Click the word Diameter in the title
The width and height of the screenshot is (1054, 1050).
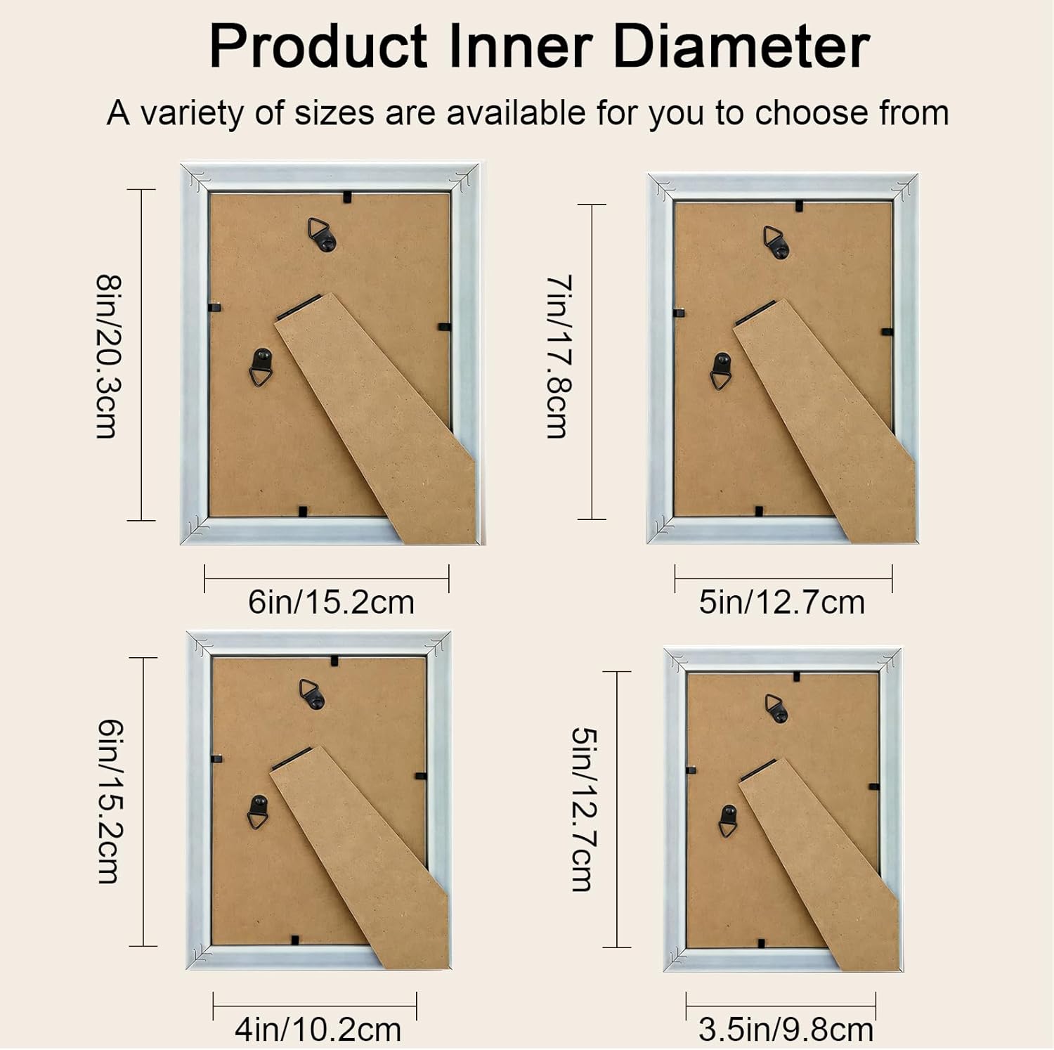click(x=741, y=46)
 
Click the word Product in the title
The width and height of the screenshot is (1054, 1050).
click(x=318, y=46)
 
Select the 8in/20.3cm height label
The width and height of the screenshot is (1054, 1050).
click(x=108, y=356)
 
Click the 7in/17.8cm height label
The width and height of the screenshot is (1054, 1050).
click(x=559, y=356)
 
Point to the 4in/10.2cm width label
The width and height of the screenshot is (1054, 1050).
click(x=318, y=1030)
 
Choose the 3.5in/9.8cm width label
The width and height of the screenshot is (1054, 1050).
click(x=786, y=1030)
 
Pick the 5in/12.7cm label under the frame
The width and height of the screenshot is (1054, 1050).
click(x=781, y=602)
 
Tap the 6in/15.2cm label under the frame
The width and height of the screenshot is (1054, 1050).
click(x=331, y=602)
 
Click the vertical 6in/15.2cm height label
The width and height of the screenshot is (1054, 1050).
click(x=110, y=801)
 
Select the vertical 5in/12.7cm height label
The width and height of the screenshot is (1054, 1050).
click(x=584, y=809)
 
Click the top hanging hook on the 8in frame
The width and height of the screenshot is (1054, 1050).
click(x=322, y=235)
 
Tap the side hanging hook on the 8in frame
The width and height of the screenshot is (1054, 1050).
click(x=261, y=367)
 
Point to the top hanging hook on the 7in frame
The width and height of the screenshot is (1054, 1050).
click(x=776, y=242)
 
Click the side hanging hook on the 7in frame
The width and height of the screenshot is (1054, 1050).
click(x=721, y=370)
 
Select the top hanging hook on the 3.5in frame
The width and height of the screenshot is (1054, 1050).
click(x=776, y=708)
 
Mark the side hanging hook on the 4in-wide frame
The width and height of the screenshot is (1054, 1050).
click(x=259, y=812)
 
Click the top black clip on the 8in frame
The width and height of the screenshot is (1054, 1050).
click(x=347, y=197)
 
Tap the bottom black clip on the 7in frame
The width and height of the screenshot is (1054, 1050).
click(x=759, y=511)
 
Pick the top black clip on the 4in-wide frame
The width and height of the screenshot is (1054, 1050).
click(x=334, y=661)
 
